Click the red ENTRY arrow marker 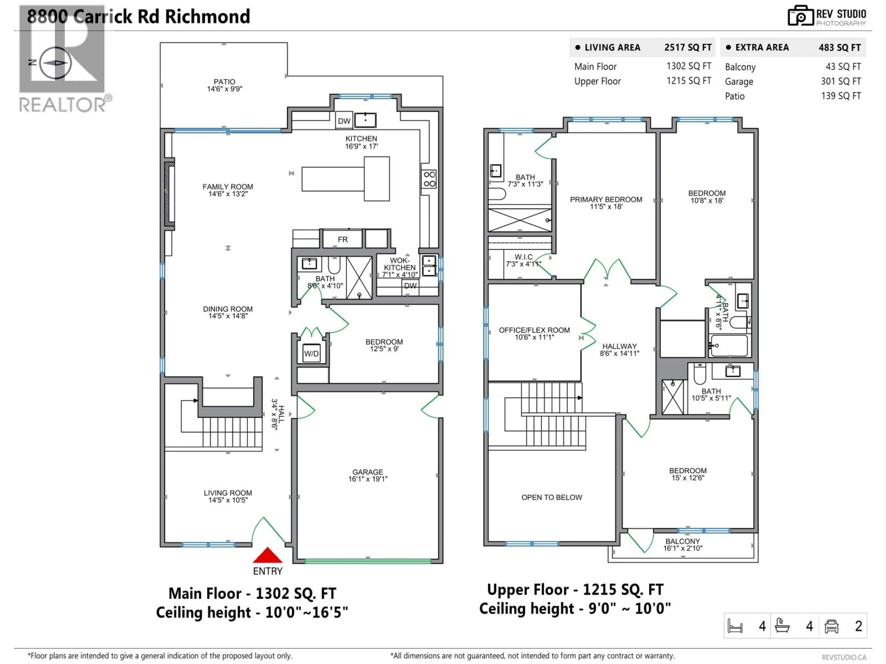click(x=268, y=556)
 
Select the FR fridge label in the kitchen click(x=342, y=239)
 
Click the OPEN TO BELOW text click(x=551, y=497)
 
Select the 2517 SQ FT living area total click(x=688, y=47)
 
